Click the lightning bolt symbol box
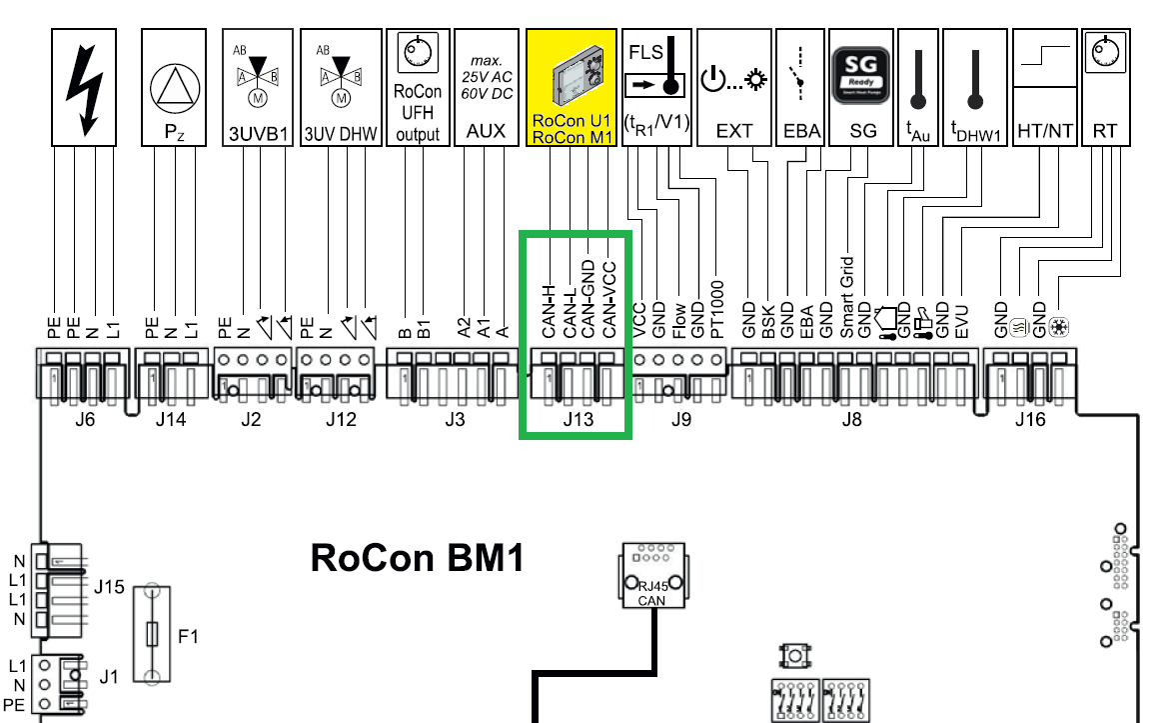pyautogui.click(x=84, y=87)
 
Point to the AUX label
pyautogui.click(x=487, y=132)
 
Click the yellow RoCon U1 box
pyautogui.click(x=572, y=87)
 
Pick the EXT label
pyautogui.click(x=734, y=132)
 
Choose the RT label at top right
pyautogui.click(x=1105, y=132)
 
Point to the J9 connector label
pyautogui.click(x=680, y=420)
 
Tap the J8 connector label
pyautogui.click(x=851, y=420)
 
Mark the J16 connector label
pyautogui.click(x=1030, y=420)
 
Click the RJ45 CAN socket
pyautogui.click(x=652, y=579)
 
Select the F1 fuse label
pyautogui.click(x=188, y=634)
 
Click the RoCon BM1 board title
pyautogui.click(x=418, y=557)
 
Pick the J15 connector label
pyautogui.click(x=109, y=586)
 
